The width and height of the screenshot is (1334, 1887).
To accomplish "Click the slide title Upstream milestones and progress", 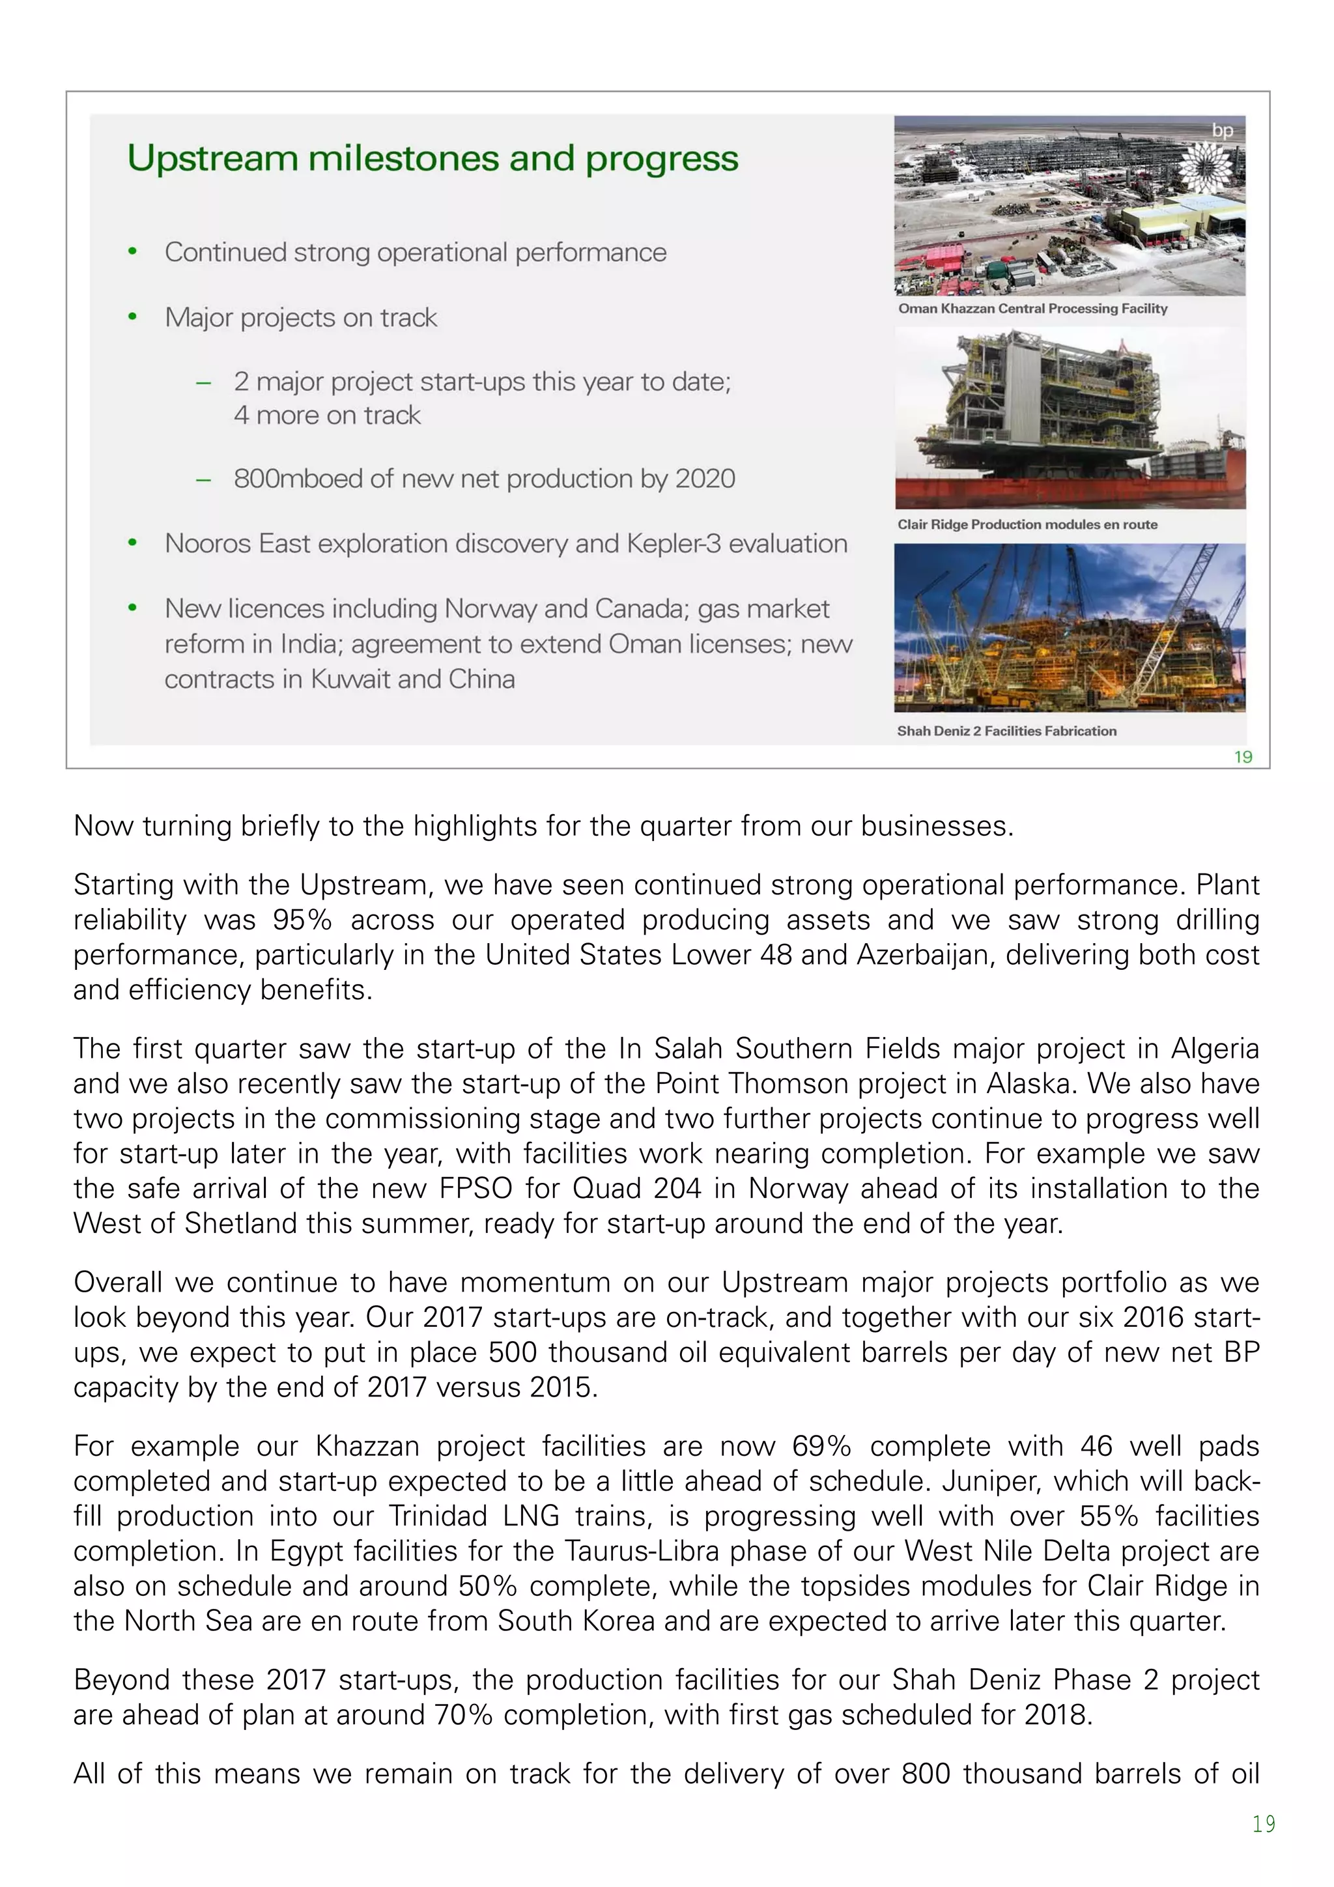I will pyautogui.click(x=433, y=159).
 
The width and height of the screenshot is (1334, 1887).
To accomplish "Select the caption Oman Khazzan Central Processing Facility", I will pyautogui.click(x=1032, y=308).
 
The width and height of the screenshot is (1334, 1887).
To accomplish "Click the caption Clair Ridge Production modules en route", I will pyautogui.click(x=1027, y=524).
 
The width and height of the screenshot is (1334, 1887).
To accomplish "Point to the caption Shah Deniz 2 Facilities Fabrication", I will pyautogui.click(x=1006, y=731).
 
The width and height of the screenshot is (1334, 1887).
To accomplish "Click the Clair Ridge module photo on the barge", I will pyautogui.click(x=1070, y=418).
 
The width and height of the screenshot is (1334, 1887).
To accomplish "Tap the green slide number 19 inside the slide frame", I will pyautogui.click(x=1243, y=757).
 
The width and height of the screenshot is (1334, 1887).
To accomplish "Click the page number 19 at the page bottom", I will pyautogui.click(x=1263, y=1824).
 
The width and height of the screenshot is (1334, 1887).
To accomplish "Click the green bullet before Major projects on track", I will pyautogui.click(x=132, y=317).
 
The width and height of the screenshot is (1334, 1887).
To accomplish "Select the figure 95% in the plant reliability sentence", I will pyautogui.click(x=302, y=920).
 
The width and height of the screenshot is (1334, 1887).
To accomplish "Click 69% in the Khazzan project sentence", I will pyautogui.click(x=821, y=1445).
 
